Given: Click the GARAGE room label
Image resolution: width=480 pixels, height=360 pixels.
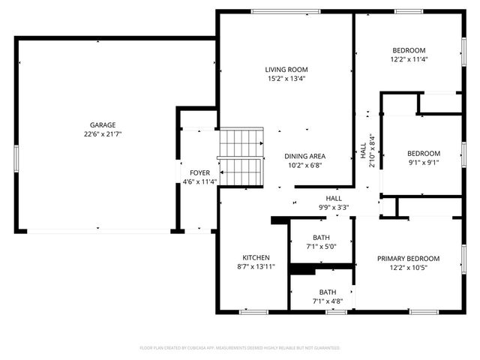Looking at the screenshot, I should point(103,125).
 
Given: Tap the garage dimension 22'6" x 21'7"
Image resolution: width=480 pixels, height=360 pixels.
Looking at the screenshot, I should point(103,134).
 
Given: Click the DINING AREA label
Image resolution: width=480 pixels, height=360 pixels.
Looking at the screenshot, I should point(304,156).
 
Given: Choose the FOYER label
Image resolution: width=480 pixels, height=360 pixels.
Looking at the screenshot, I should point(199,172).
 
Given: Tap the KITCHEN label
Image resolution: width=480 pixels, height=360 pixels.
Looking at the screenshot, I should point(255,256).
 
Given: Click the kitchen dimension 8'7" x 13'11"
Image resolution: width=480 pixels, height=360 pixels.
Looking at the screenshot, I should point(255,266).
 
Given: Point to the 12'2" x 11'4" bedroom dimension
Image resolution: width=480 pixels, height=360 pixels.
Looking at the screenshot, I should point(408,59).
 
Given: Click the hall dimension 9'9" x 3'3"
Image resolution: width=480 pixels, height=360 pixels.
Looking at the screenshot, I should point(333,207).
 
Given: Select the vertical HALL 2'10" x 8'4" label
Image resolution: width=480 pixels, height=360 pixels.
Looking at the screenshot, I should point(367,150).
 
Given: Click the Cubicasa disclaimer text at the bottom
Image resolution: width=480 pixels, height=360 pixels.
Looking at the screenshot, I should point(240,348).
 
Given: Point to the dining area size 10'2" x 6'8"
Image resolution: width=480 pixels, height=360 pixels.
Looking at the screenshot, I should point(304,166).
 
